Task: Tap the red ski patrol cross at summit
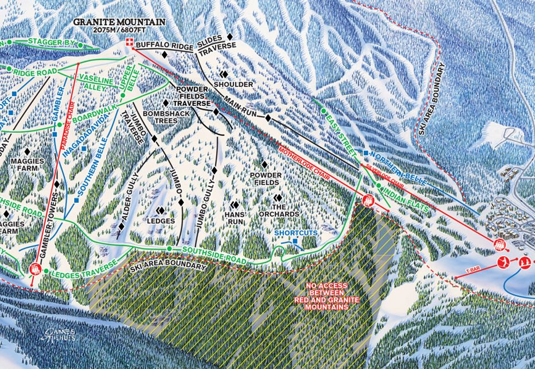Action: (x=130, y=42)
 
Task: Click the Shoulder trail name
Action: (x=233, y=84)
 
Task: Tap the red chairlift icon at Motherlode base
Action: (x=368, y=200)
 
